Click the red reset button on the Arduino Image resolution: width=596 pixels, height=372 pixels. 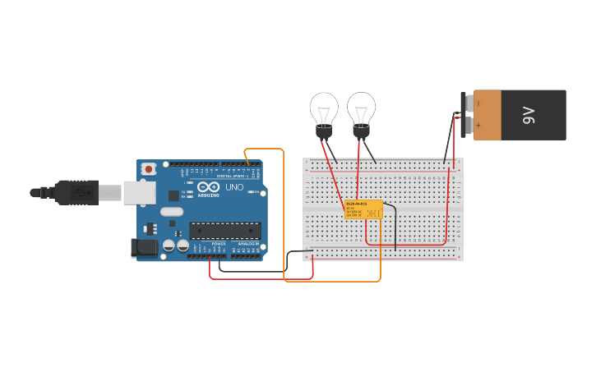click(149, 169)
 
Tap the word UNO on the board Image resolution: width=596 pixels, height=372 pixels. click(234, 187)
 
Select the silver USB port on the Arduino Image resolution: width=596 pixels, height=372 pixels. click(139, 192)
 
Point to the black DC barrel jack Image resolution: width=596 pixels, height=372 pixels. click(145, 247)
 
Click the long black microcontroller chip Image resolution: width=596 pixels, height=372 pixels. click(225, 231)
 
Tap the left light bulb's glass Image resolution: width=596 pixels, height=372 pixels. click(324, 108)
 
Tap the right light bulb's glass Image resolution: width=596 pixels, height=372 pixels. click(361, 107)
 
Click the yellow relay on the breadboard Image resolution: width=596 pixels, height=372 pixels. click(363, 209)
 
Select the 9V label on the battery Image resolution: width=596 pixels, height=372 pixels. click(529, 115)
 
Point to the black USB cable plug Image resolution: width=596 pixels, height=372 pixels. click(78, 192)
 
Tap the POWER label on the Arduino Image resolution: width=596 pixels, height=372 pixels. click(218, 244)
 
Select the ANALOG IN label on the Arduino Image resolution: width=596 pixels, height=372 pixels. click(248, 244)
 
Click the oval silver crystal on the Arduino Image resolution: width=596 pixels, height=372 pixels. click(171, 212)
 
